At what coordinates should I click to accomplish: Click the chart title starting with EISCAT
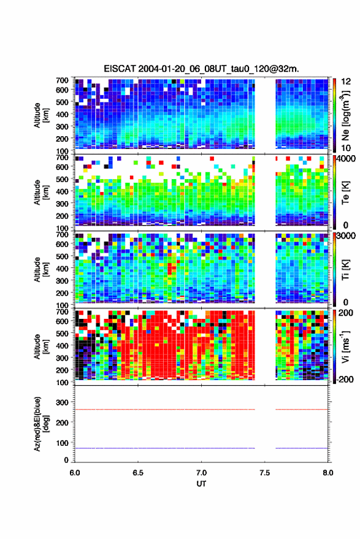[x=201, y=69]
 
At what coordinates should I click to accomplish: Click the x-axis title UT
[x=201, y=484]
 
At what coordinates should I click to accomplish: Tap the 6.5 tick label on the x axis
[x=138, y=473]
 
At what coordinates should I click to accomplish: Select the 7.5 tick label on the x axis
[x=264, y=473]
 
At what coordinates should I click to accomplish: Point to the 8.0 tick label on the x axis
[x=327, y=473]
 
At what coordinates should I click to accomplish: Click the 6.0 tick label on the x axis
[x=75, y=473]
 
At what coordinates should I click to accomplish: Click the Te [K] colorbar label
[x=345, y=193]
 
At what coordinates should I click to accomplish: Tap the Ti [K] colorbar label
[x=345, y=270]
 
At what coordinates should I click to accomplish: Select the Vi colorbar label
[x=345, y=346]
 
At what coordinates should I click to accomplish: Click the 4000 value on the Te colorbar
[x=346, y=159]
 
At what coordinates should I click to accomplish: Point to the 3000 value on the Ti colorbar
[x=346, y=236]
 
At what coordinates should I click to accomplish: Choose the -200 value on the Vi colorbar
[x=344, y=379]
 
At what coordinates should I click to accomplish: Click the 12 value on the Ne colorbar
[x=347, y=82]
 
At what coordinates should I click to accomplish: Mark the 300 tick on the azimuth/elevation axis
[x=62, y=402]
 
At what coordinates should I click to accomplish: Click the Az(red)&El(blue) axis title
[x=40, y=424]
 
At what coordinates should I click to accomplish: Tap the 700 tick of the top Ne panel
[x=62, y=80]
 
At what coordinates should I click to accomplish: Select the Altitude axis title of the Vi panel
[x=40, y=346]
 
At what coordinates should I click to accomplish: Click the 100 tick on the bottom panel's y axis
[x=62, y=443]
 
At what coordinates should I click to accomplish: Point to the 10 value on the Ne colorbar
[x=347, y=148]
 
